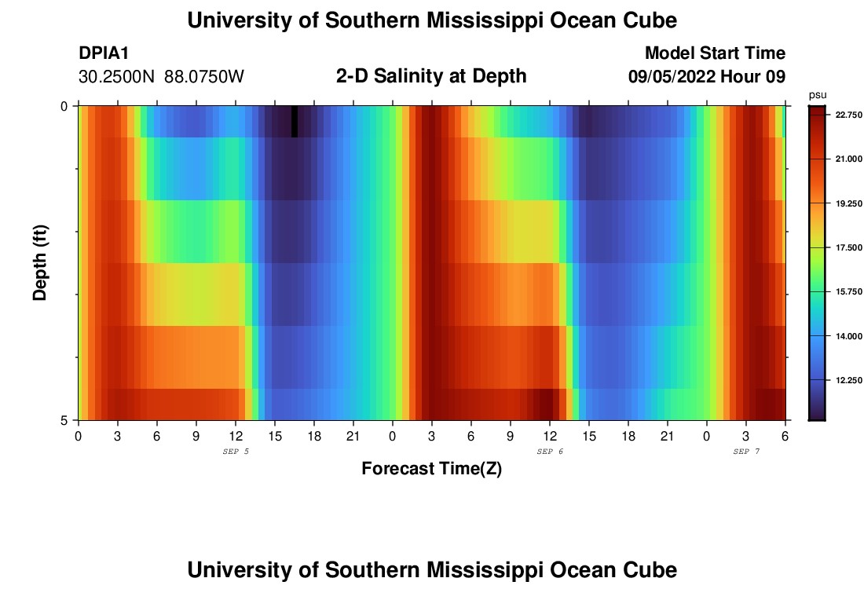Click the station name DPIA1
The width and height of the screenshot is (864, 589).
[104, 53]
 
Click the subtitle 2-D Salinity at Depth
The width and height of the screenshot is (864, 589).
[431, 76]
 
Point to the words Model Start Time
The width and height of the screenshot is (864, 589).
[715, 53]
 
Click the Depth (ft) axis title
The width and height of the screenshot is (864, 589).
[40, 263]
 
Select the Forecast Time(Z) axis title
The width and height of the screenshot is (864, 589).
[431, 469]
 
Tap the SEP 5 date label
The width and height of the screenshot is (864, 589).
[236, 452]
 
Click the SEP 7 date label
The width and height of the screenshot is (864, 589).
[746, 452]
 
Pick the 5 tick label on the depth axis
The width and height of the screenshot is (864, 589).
[64, 420]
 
